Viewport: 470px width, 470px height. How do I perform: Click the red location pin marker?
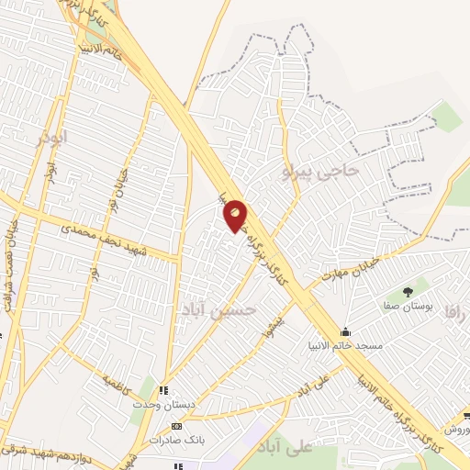pyautogui.click(x=235, y=216)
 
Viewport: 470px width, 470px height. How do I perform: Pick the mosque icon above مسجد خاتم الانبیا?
pyautogui.click(x=345, y=331)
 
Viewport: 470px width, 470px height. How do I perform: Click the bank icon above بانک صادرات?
pyautogui.click(x=177, y=426)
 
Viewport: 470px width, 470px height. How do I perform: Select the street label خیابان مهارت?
pyautogui.click(x=345, y=272)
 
